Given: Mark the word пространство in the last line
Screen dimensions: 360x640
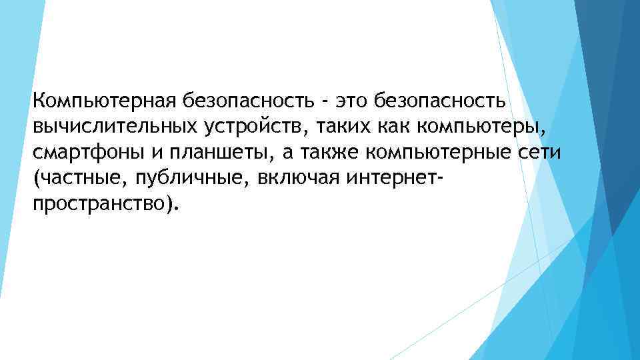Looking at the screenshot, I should click(x=101, y=204).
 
